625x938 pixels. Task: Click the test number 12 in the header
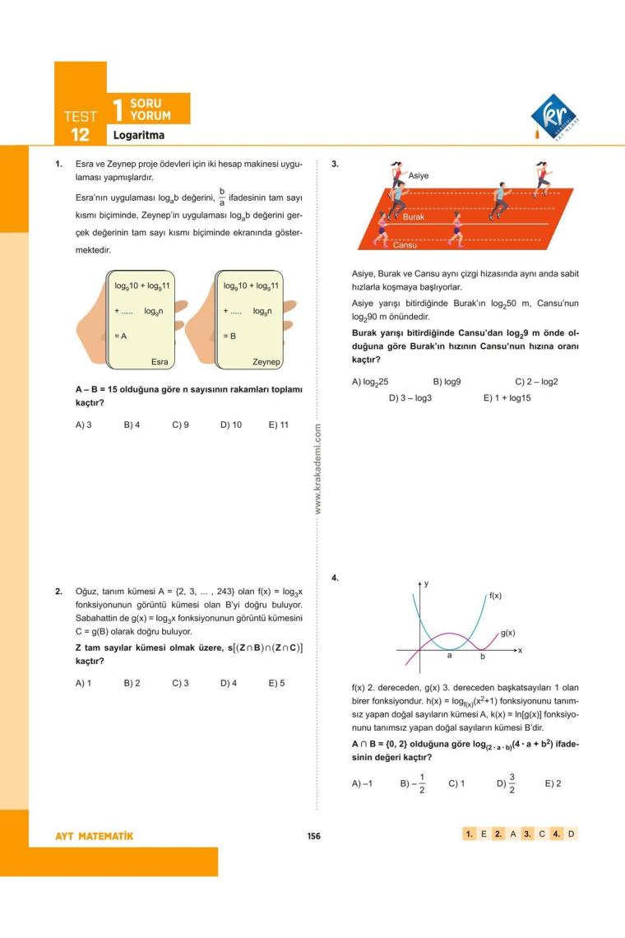79,134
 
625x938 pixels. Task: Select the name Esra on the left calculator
160,361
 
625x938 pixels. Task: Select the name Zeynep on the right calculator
267,361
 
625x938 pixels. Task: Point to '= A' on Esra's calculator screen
121,336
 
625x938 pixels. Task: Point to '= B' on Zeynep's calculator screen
229,336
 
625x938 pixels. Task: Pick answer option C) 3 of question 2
180,683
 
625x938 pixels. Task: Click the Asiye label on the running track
418,176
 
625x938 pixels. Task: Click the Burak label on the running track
414,216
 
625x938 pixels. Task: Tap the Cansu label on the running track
405,245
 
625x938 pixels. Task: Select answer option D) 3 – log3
410,397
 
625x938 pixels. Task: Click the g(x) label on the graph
507,633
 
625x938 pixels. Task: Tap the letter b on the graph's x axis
483,657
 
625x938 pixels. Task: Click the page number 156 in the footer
312,836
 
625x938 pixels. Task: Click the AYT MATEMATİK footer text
93,836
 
